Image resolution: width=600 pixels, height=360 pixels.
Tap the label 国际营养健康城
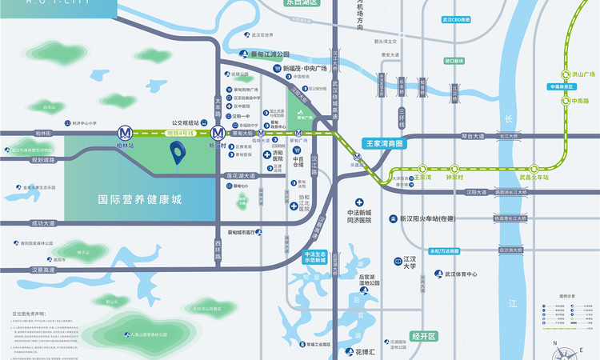pos(140,199)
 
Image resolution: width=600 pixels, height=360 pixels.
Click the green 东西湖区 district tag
pos(301,3)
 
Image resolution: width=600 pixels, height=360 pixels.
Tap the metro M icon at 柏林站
pos(124,133)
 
